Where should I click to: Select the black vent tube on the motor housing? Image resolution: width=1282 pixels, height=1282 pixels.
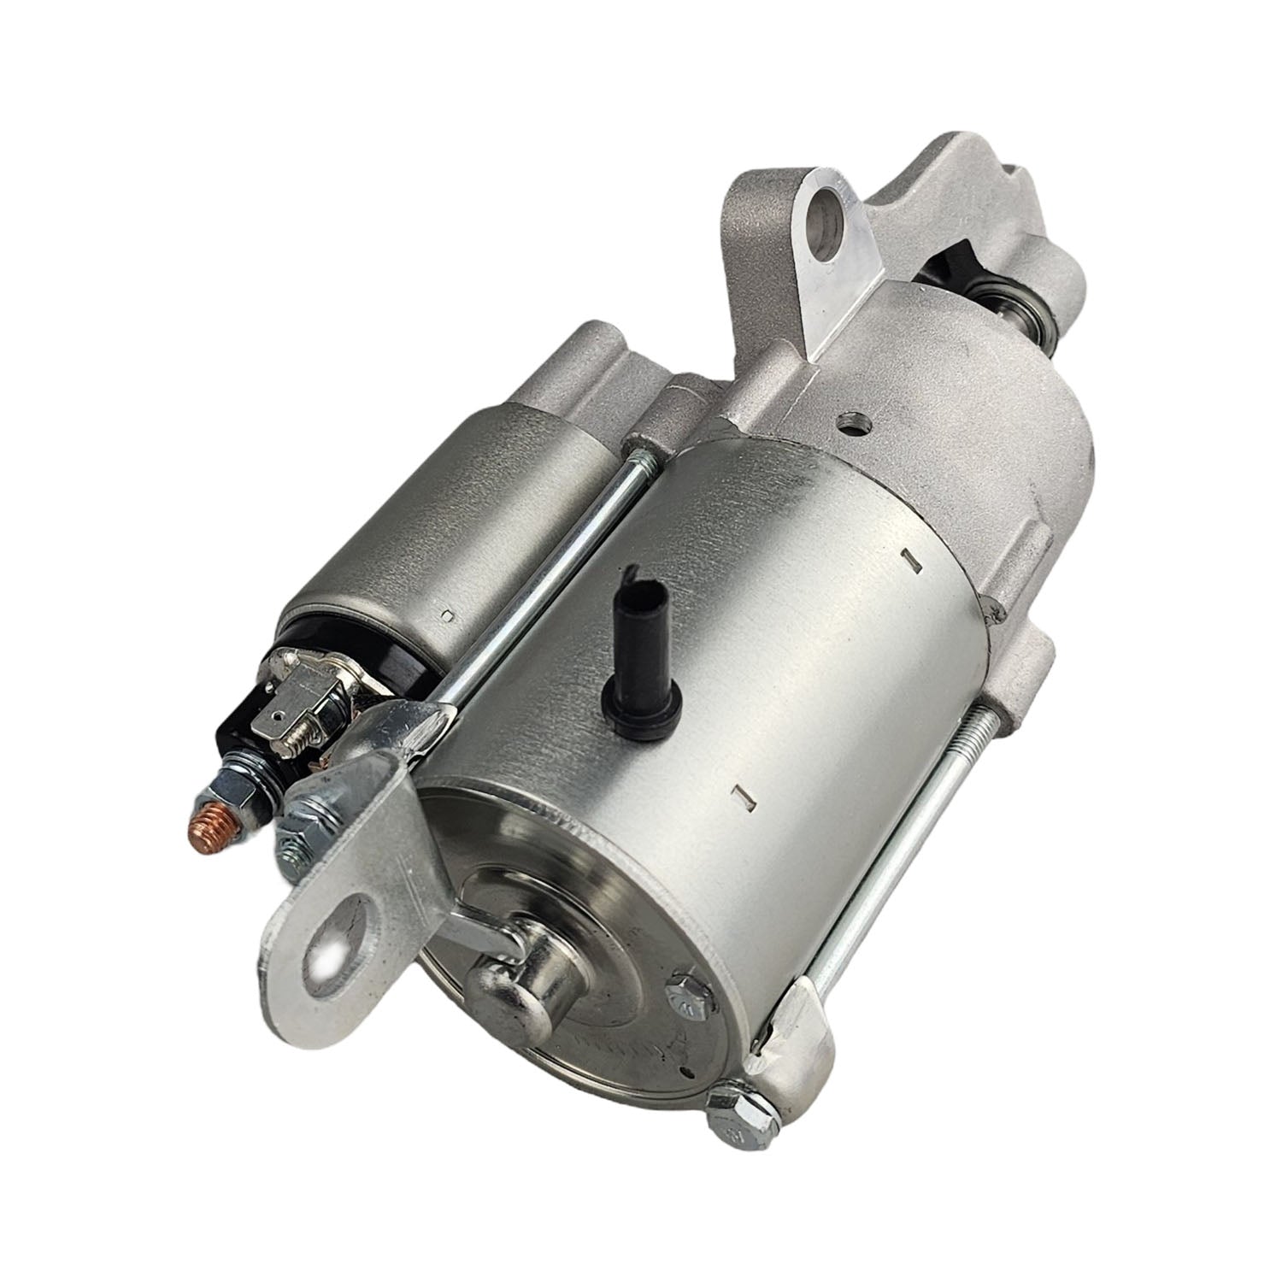[x=640, y=633]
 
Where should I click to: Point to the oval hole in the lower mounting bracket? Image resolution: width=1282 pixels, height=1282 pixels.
[x=341, y=950]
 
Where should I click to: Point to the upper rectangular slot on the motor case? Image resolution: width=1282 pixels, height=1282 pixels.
[x=909, y=560]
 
